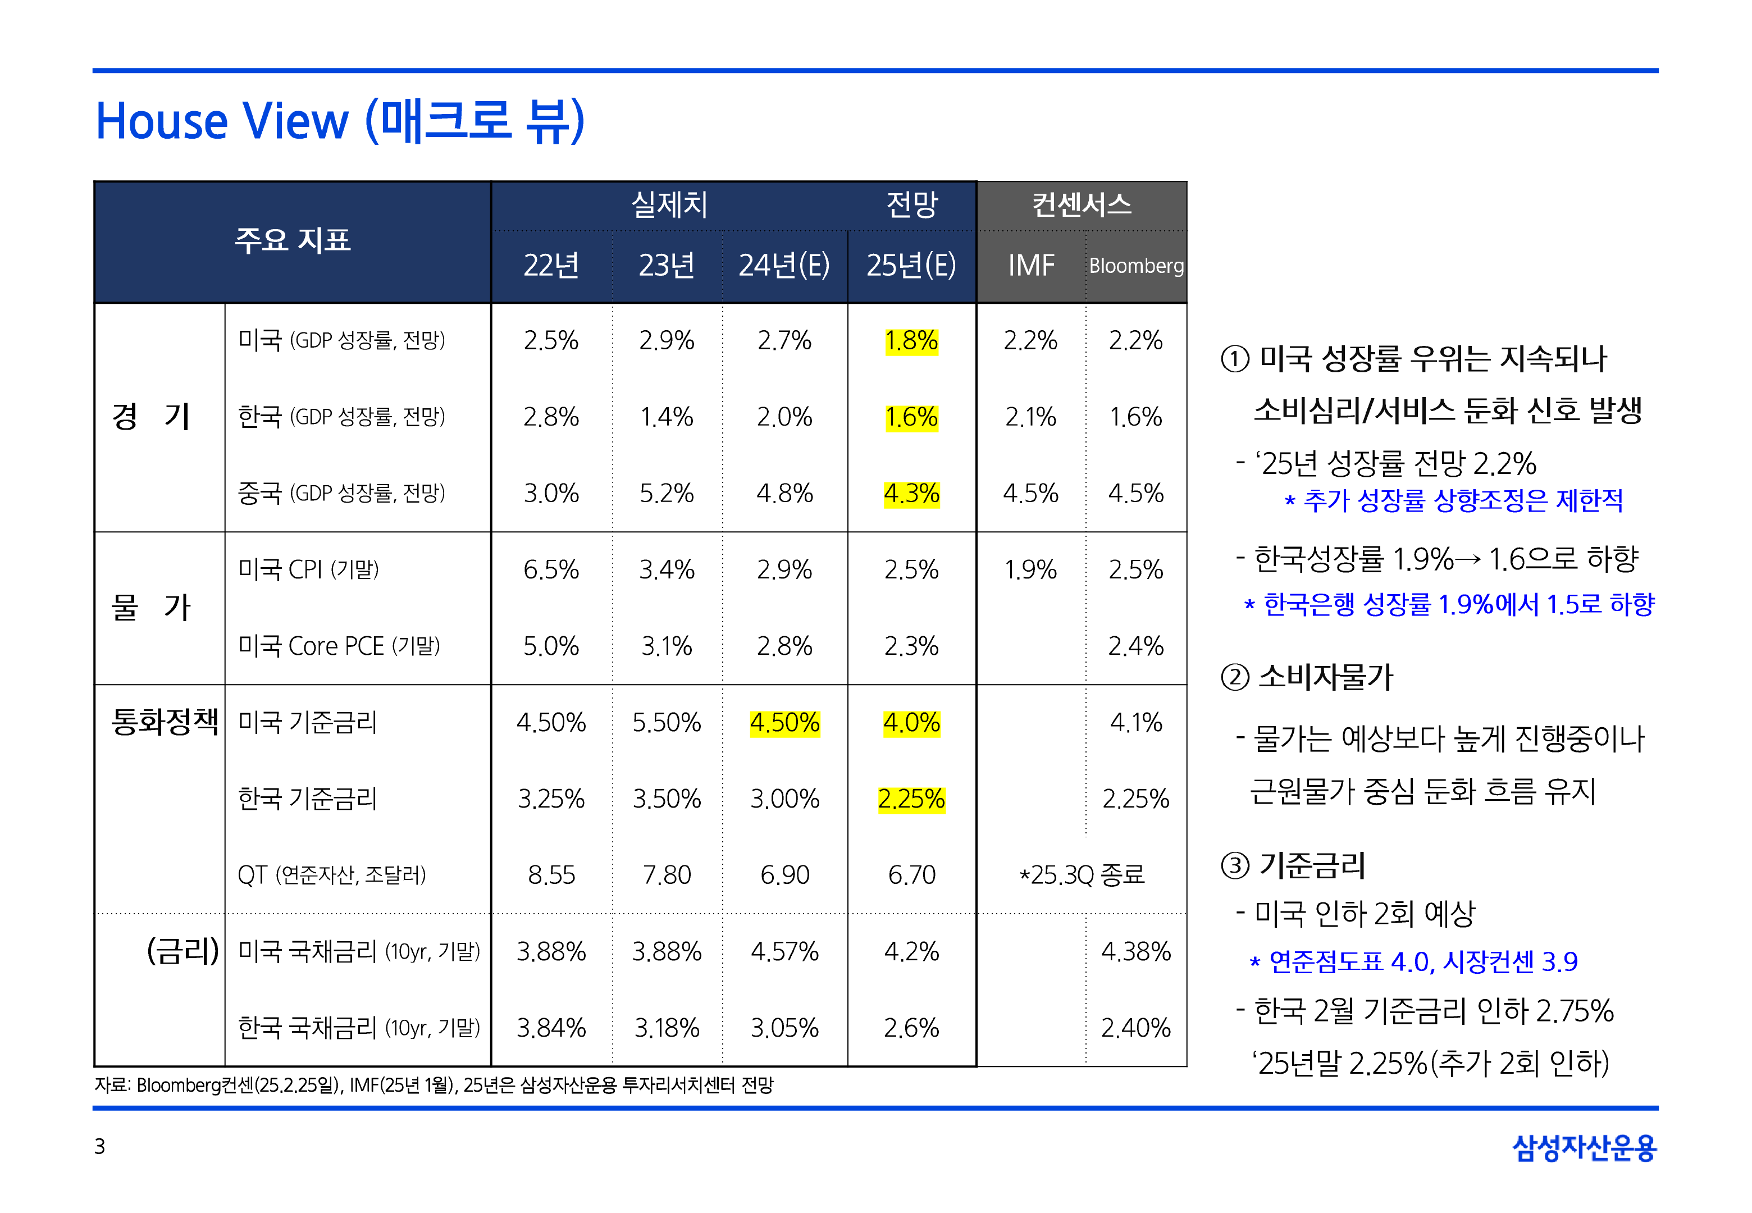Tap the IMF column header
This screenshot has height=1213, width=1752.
point(1030,265)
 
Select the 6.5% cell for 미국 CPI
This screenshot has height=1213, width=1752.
point(551,569)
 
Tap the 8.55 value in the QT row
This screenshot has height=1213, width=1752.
point(551,875)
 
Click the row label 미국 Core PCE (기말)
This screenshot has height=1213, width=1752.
point(339,646)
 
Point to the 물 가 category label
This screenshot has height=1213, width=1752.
point(150,607)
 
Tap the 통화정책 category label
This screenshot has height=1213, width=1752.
point(164,721)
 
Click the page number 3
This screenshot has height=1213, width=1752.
point(99,1146)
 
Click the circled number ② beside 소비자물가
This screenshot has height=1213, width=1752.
point(1235,677)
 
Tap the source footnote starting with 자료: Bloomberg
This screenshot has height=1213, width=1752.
point(433,1084)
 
